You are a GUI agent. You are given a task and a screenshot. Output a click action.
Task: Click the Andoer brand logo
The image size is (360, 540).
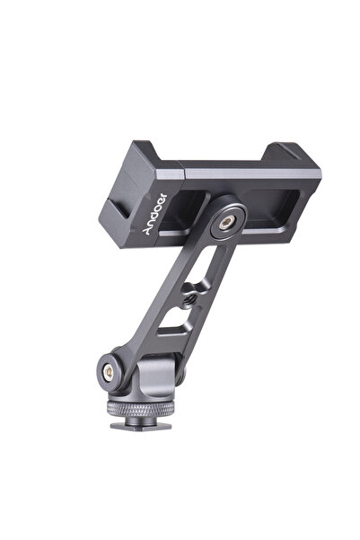(x=154, y=214)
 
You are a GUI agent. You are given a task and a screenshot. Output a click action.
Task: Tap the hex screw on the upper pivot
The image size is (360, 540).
(x=227, y=223)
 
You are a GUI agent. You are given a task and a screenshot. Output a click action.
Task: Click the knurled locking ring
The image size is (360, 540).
(x=140, y=409)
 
